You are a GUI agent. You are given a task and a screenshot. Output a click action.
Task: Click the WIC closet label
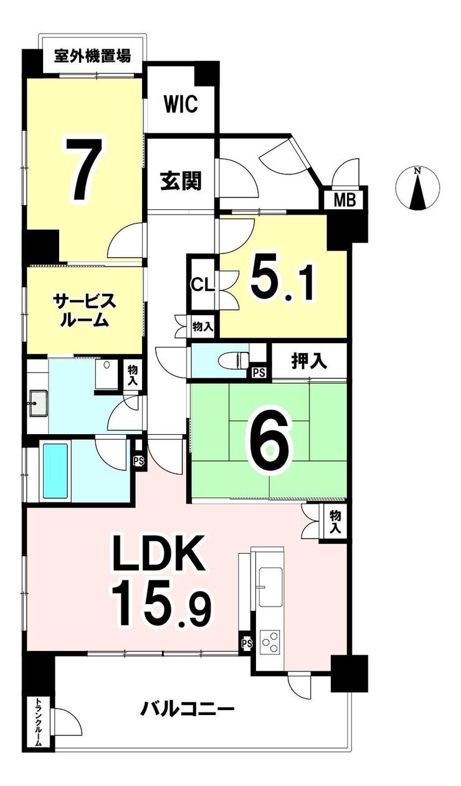181,104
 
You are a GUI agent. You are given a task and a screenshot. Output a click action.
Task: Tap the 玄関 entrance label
181,181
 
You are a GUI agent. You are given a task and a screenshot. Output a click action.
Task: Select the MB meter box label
345,200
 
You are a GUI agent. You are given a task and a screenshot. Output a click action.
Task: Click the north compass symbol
417,189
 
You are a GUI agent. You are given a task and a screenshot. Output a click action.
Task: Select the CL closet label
202,285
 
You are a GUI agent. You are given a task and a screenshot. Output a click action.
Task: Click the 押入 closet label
310,361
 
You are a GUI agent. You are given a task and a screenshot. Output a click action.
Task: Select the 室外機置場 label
92,55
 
